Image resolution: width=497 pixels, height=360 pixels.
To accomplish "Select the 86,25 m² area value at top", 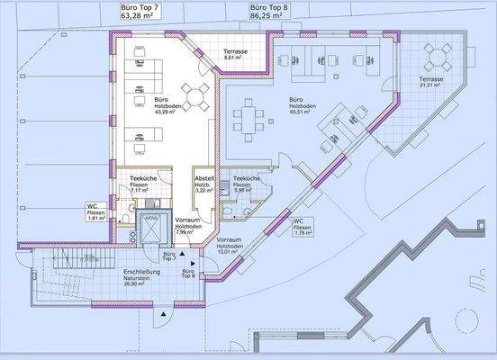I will pyautogui.click(x=268, y=15).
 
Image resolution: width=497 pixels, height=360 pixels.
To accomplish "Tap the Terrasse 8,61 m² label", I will pyautogui.click(x=236, y=56).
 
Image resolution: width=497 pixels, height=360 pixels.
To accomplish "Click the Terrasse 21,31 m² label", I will pyautogui.click(x=437, y=84).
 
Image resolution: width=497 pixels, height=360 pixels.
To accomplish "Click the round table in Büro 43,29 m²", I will pyautogui.click(x=192, y=95).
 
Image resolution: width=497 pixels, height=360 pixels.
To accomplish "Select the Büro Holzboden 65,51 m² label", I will pyautogui.click(x=302, y=105).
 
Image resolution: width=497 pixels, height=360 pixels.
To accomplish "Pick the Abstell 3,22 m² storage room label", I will pyautogui.click(x=204, y=184).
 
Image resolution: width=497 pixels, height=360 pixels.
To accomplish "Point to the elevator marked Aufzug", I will pyautogui.click(x=150, y=231).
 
